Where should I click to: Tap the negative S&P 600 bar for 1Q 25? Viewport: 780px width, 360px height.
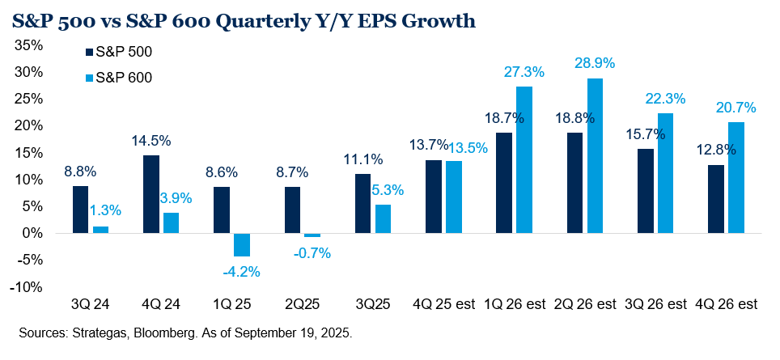coord(242,244)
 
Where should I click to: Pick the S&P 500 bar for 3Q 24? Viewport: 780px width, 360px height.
coord(80,210)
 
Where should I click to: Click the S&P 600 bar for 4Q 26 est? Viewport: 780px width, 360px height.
coord(736,178)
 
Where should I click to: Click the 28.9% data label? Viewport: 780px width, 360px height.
coord(596,62)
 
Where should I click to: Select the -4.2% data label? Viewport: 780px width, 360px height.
coord(241,272)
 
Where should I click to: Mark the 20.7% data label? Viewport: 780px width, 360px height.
coord(737,106)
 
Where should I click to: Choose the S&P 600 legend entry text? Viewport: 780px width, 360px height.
coord(124,78)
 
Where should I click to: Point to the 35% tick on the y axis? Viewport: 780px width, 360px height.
coord(29,45)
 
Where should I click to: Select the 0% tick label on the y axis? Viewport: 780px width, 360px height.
coord(32,233)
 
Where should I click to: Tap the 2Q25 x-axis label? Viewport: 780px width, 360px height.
coord(302,306)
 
